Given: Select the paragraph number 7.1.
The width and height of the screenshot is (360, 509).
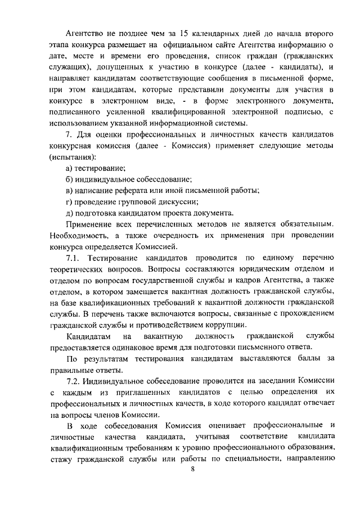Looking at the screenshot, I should point(75,258).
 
